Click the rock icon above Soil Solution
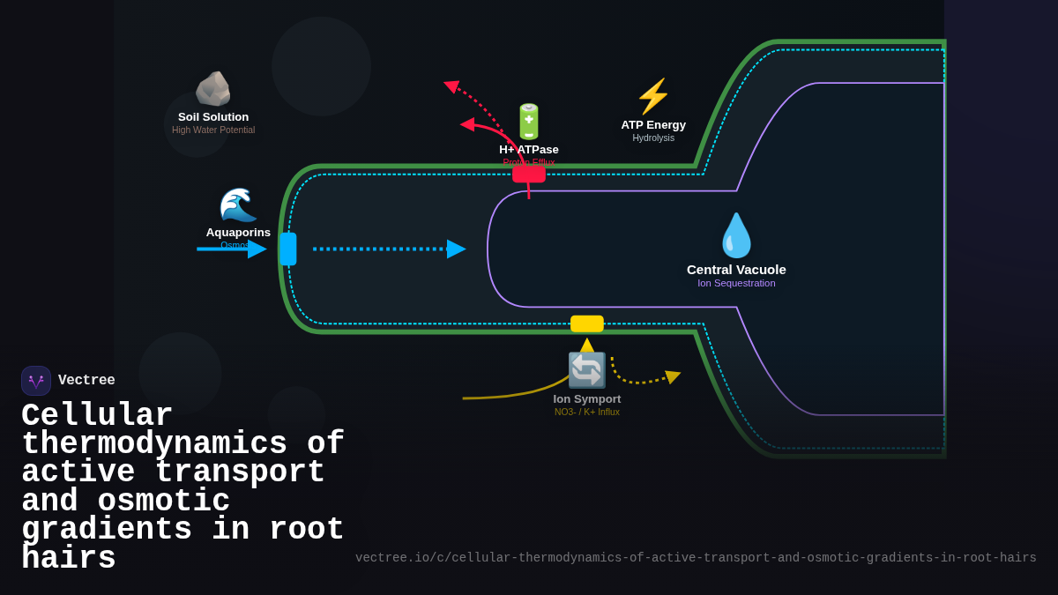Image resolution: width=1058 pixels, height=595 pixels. pyautogui.click(x=212, y=89)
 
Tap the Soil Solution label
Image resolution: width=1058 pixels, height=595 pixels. pyautogui.click(x=213, y=117)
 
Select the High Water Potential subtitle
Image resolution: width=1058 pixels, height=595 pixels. pyautogui.click(x=213, y=130)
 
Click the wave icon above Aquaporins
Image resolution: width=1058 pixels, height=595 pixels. pyautogui.click(x=238, y=205)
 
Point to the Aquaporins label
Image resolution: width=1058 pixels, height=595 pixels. pyautogui.click(x=238, y=233)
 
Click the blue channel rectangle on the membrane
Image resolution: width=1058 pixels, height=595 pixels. pyautogui.click(x=288, y=249)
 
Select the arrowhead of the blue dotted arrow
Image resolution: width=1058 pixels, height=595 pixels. pyautogui.click(x=456, y=249)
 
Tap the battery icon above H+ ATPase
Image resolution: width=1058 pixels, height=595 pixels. pyautogui.click(x=529, y=122)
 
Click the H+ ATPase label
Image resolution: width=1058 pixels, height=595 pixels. pyautogui.click(x=529, y=150)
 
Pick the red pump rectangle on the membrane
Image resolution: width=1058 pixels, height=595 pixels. pyautogui.click(x=529, y=175)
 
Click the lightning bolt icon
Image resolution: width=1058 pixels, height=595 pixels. pyautogui.click(x=653, y=96)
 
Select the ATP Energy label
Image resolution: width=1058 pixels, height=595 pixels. pyautogui.click(x=653, y=125)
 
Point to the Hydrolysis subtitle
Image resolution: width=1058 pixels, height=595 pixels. pyautogui.click(x=653, y=138)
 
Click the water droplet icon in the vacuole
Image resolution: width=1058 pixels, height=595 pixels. pyautogui.click(x=736, y=235)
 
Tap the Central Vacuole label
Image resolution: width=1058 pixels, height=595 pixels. pyautogui.click(x=736, y=270)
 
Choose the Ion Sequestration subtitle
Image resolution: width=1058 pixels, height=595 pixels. pyautogui.click(x=736, y=284)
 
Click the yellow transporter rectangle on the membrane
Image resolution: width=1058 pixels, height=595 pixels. pyautogui.click(x=587, y=324)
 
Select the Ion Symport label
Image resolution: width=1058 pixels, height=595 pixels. pyautogui.click(x=587, y=399)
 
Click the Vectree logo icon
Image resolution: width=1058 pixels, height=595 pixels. pyautogui.click(x=36, y=381)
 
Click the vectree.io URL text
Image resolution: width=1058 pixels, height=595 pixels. pyautogui.click(x=696, y=558)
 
